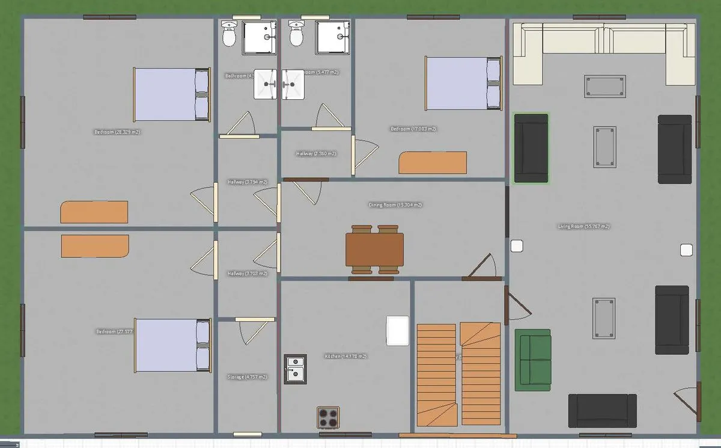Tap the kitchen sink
point(295,368)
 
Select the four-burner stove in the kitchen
point(329,416)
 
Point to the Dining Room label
point(395,205)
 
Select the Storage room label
point(247,377)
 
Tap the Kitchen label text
point(345,357)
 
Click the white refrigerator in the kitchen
point(398,331)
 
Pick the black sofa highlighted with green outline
point(531,148)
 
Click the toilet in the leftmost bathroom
point(228,34)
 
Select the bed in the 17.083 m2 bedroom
point(463,83)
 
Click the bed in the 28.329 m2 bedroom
point(171,94)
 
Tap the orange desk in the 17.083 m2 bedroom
point(433,162)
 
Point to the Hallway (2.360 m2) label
point(316,154)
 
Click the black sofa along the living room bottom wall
point(602,411)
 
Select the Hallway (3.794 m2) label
point(247,182)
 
